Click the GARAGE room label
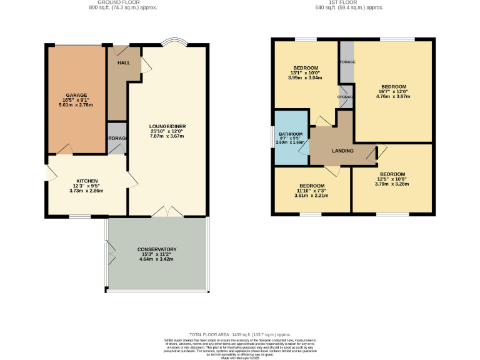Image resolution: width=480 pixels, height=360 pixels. (x=76, y=95)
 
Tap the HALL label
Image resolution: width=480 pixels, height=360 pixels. (x=124, y=63)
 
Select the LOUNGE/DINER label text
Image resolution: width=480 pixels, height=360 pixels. (x=167, y=126)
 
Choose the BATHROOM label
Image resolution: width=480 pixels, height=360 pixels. (x=291, y=134)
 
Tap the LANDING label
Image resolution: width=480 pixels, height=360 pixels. (x=342, y=151)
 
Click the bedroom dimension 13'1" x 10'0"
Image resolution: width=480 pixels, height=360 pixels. (x=306, y=72)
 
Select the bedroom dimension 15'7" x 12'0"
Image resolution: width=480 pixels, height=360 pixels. (x=394, y=91)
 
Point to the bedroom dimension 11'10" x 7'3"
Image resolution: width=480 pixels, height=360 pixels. (x=311, y=191)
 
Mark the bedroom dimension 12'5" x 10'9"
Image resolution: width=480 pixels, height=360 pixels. (x=392, y=179)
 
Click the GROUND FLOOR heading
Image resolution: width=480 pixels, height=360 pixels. (x=123, y=2)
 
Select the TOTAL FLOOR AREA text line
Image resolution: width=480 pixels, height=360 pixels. (x=240, y=334)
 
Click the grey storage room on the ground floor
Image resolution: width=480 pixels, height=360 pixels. (x=116, y=143)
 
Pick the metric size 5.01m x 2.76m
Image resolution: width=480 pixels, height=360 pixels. (x=76, y=105)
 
